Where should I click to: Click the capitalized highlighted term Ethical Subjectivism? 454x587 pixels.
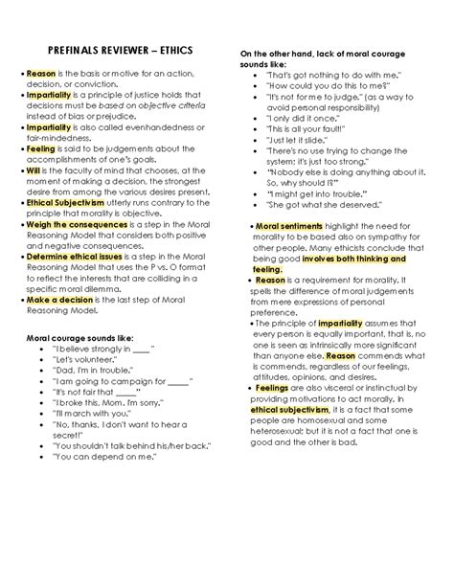[69, 202]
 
